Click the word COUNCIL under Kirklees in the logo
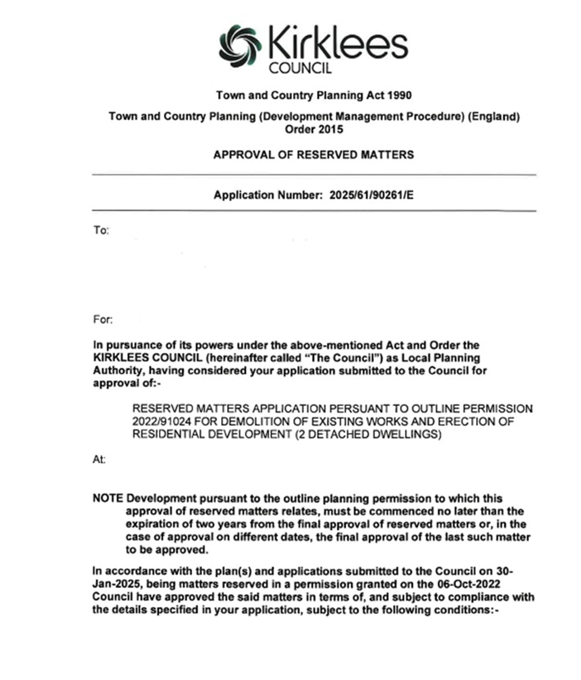point(300,68)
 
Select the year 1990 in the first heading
point(399,95)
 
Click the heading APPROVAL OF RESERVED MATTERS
point(313,155)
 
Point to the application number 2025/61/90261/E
point(371,195)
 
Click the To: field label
point(101,230)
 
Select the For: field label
point(103,319)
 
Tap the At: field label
point(99,460)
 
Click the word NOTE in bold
point(108,498)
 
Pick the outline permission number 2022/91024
point(162,421)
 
